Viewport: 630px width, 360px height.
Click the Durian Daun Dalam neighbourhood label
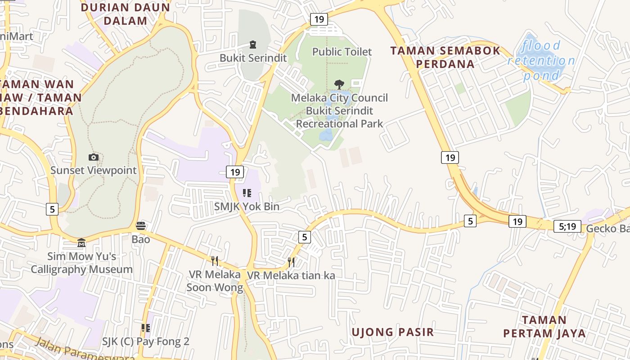click(125, 14)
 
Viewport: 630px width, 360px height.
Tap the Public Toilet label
click(342, 52)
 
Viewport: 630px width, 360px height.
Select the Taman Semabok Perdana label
click(445, 57)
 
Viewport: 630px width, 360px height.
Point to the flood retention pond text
click(541, 60)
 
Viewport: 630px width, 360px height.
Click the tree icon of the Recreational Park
click(339, 84)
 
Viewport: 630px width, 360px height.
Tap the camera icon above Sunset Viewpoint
click(94, 157)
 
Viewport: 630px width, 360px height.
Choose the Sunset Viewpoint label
click(93, 171)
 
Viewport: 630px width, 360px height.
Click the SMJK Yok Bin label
click(247, 207)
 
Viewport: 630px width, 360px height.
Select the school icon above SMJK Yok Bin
click(247, 193)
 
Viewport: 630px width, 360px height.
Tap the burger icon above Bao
click(141, 226)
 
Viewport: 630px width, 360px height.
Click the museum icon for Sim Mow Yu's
click(81, 243)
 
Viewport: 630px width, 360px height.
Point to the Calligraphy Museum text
click(81, 270)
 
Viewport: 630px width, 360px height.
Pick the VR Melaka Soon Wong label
click(214, 281)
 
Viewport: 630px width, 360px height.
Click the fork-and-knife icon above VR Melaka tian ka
click(291, 262)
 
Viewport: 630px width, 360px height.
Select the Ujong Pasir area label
click(392, 333)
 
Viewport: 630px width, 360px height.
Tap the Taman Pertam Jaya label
click(544, 327)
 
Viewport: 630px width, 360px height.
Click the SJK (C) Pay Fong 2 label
click(145, 342)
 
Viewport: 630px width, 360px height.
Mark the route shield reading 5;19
click(567, 226)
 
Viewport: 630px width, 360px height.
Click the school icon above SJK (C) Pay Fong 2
click(145, 328)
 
